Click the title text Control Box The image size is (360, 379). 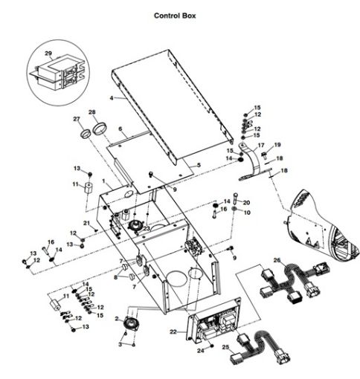pyautogui.click(x=175, y=15)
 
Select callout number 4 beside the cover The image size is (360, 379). pyautogui.click(x=112, y=97)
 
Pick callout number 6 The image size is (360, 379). pyautogui.click(x=120, y=129)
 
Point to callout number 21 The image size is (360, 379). pyautogui.click(x=87, y=223)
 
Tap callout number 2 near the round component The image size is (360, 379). pyautogui.click(x=116, y=317)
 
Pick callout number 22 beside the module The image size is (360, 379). pyautogui.click(x=173, y=332)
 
